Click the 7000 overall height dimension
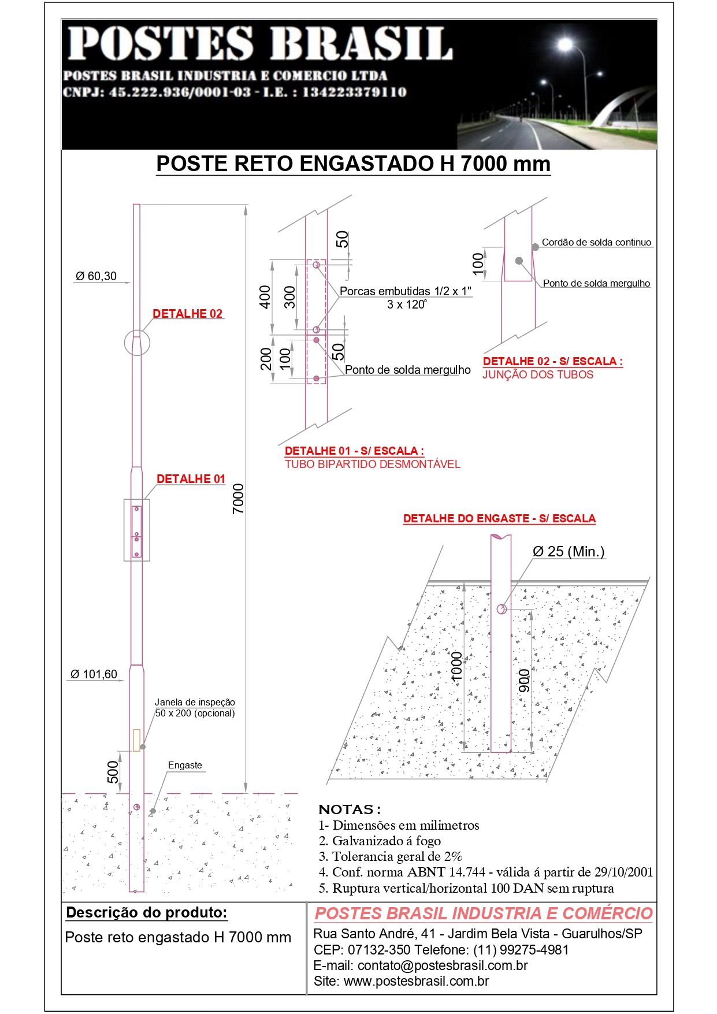point(238,498)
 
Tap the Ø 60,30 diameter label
point(96,276)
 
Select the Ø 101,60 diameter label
point(94,674)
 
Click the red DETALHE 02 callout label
point(187,314)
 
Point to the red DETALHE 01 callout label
point(191,479)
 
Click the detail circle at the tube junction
point(137,343)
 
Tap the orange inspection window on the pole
point(136,740)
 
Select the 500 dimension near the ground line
point(113,772)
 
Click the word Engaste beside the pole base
point(185,766)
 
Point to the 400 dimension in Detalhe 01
point(265,297)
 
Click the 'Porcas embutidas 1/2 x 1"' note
point(405,291)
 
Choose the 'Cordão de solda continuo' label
point(596,243)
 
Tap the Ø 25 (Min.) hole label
point(569,552)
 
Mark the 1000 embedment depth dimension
point(456,666)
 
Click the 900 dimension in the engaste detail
point(524,681)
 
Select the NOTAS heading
point(350,809)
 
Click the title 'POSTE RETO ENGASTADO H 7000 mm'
point(353,164)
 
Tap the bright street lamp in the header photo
point(565,44)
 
